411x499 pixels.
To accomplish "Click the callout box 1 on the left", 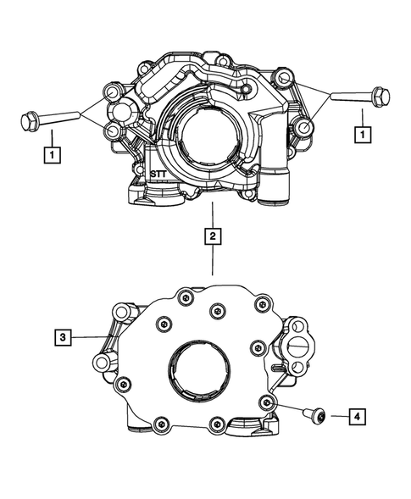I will coord(53,155).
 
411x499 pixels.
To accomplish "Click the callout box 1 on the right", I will coord(362,134).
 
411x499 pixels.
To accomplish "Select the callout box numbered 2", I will coord(212,236).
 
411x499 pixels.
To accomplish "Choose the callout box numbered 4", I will coord(358,416).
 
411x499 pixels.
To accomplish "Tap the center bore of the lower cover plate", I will coord(199,373).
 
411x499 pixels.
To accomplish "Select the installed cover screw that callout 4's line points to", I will coord(268,401).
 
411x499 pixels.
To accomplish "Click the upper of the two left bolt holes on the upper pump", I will coord(110,91).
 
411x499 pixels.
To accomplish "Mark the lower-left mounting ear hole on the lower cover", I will coord(103,363).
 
